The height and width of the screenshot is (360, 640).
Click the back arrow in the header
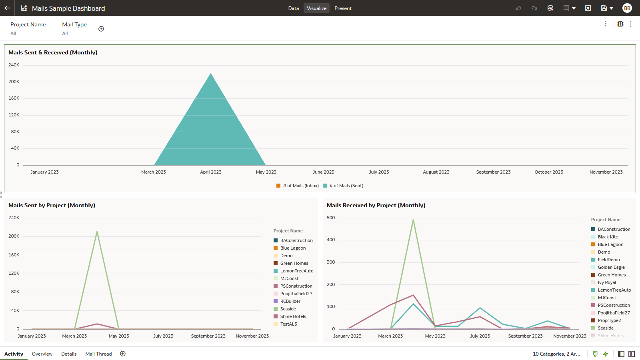[x=7, y=8]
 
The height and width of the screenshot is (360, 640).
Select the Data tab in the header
[x=293, y=8]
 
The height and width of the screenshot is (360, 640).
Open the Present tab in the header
[x=343, y=8]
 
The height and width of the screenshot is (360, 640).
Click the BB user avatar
[x=627, y=8]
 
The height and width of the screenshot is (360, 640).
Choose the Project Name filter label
[x=28, y=24]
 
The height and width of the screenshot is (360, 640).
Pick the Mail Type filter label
[x=74, y=24]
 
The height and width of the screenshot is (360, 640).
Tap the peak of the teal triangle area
[x=211, y=74]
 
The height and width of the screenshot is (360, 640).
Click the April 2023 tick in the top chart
[x=211, y=172]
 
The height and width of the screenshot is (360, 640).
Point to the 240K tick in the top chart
[x=14, y=65]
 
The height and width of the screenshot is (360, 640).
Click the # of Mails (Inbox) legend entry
[x=300, y=186]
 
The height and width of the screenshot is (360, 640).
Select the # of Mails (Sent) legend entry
[x=346, y=186]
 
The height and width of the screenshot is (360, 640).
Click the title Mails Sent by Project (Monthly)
[x=52, y=205]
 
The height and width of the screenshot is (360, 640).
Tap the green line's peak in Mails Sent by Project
[x=97, y=232]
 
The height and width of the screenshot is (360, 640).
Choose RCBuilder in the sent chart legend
[x=290, y=301]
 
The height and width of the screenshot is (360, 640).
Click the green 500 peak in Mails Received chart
[x=413, y=220]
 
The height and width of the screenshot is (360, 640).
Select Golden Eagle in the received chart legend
[x=611, y=267]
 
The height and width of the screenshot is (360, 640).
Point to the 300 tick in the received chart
[x=331, y=262]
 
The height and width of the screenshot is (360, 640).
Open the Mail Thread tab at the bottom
[x=98, y=354]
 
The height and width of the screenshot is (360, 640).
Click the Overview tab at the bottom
[x=42, y=354]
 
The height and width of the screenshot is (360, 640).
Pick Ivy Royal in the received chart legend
[x=607, y=282]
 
